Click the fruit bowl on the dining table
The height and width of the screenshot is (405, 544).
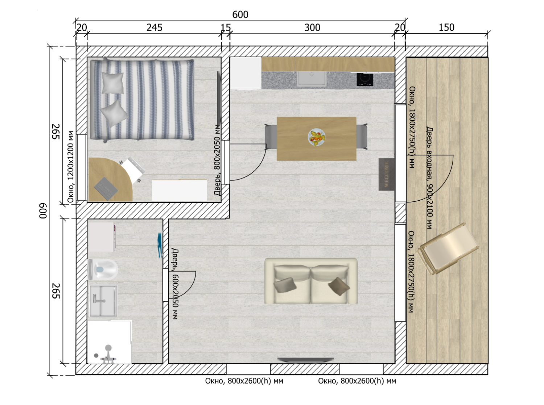(x=317, y=137)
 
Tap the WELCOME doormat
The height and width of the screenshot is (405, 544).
(x=386, y=175)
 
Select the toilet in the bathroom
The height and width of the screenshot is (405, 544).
(x=103, y=270)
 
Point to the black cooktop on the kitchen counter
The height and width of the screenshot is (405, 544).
(x=365, y=80)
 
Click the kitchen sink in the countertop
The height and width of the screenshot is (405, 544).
(x=312, y=79)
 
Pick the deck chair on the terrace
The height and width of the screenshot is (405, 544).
(x=448, y=249)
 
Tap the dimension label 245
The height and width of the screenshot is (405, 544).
(x=154, y=28)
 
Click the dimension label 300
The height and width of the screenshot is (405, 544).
(x=312, y=28)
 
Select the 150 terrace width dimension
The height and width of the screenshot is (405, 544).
(x=446, y=27)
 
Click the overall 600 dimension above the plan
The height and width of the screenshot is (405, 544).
(x=240, y=14)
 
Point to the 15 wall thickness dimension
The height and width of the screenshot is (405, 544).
(x=226, y=28)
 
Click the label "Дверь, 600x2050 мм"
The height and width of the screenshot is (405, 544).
(x=175, y=284)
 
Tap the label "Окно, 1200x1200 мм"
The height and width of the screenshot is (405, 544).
(x=70, y=167)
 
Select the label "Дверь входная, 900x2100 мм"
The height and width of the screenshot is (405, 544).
(x=429, y=178)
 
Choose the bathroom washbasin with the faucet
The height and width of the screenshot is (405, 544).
(x=103, y=301)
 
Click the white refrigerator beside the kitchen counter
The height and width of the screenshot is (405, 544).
(x=246, y=73)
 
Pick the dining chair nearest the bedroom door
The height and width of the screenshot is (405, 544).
(x=271, y=137)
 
